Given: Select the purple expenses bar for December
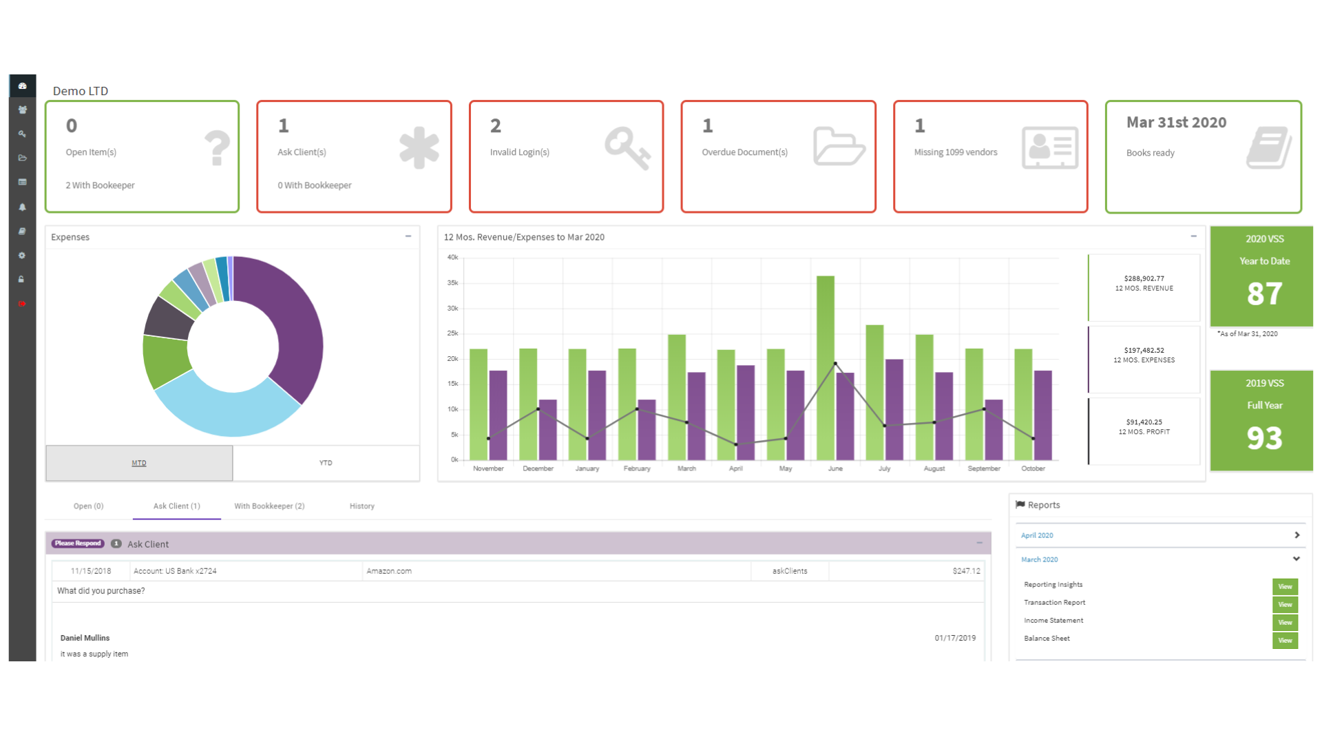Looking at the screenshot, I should click(x=547, y=430).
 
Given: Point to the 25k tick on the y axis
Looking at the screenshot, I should click(x=452, y=333).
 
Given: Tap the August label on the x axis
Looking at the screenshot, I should click(x=934, y=468).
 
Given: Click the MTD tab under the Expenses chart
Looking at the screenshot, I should click(x=139, y=463).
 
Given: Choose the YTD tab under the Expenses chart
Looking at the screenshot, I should click(x=326, y=463).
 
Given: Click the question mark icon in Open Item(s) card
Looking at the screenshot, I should click(x=217, y=148).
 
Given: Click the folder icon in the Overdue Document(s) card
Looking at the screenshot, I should click(x=838, y=146).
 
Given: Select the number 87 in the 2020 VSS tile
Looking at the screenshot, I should click(x=1264, y=294).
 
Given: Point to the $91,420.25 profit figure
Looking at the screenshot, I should click(x=1144, y=422).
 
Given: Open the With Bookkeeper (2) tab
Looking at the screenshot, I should click(x=269, y=506).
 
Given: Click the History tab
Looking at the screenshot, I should click(x=361, y=506).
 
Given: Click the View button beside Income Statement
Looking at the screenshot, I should click(x=1284, y=623).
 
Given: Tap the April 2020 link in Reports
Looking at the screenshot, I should click(x=1037, y=535).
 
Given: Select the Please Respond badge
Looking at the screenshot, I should click(x=78, y=544).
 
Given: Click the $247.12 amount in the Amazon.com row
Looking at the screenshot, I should click(x=966, y=571).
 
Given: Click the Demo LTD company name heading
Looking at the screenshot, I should click(x=81, y=91).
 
